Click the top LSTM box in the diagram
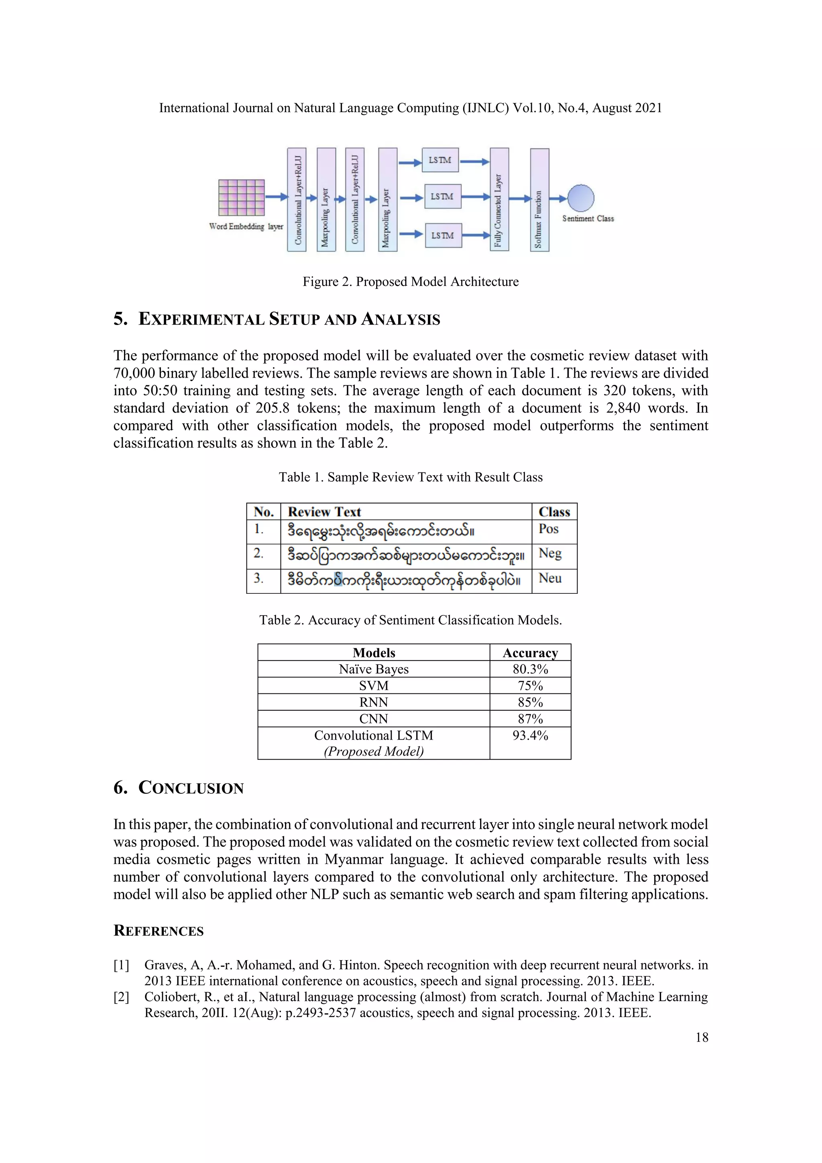440,160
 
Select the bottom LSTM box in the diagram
443,235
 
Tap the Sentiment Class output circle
580,198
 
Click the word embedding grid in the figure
242,198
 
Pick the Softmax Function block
539,200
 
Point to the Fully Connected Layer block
499,200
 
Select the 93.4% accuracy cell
530,736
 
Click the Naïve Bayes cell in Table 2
374,669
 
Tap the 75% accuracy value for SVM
530,686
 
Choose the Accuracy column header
530,653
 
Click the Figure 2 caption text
411,282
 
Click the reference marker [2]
121,997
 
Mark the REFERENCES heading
159,931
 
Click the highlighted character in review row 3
338,579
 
